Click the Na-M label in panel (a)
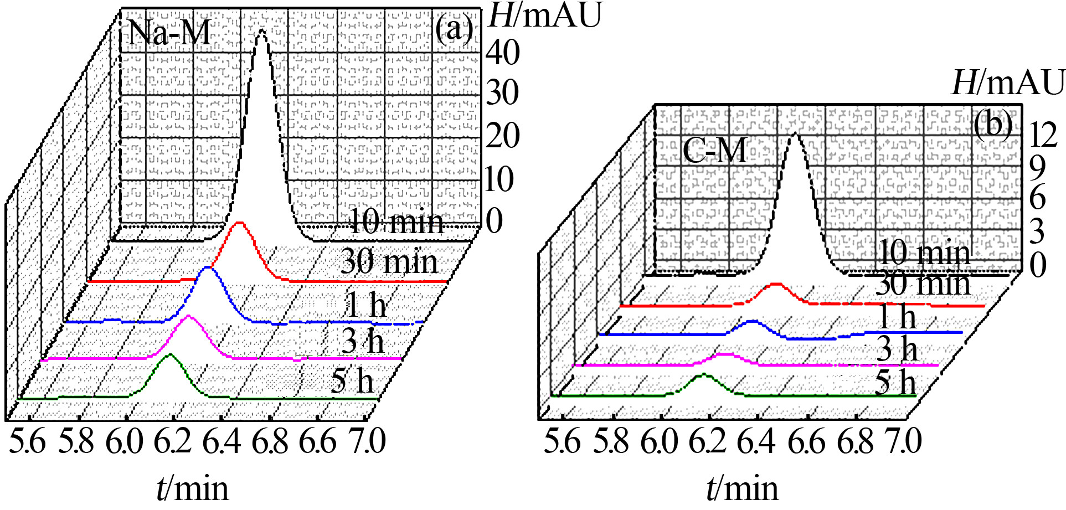(169, 33)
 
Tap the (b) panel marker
(993, 125)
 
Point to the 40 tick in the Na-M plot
(503, 53)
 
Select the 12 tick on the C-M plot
(1043, 135)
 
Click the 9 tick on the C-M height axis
(1037, 167)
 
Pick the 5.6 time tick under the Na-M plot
(27, 442)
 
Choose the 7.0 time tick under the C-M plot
(904, 442)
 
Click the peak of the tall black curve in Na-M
(261, 31)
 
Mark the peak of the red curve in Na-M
(239, 223)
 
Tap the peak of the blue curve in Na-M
(208, 269)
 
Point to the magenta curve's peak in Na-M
(189, 317)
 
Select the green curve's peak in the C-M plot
(703, 375)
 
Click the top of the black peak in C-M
(795, 134)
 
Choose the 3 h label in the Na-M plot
(362, 341)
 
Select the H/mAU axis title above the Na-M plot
(544, 15)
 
